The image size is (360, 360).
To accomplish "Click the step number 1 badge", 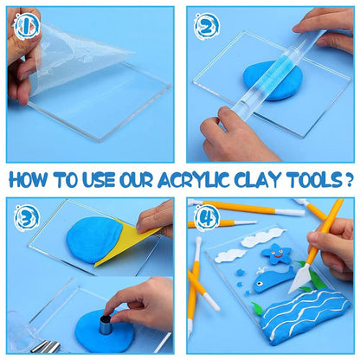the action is click(x=26, y=27).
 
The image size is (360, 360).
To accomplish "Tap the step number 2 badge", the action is click(x=207, y=27).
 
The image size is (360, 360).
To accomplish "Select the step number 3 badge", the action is click(x=27, y=218).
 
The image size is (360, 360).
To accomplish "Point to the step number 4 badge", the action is click(x=207, y=218).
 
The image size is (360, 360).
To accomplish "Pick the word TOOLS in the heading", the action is click(x=311, y=180).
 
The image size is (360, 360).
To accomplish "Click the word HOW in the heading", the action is click(x=29, y=180).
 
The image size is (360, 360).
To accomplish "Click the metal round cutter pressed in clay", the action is click(x=105, y=325).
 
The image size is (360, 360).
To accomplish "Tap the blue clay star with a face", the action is click(x=277, y=254).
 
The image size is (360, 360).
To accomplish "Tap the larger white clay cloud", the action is click(x=262, y=237).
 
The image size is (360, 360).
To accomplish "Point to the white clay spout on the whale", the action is click(x=261, y=270).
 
